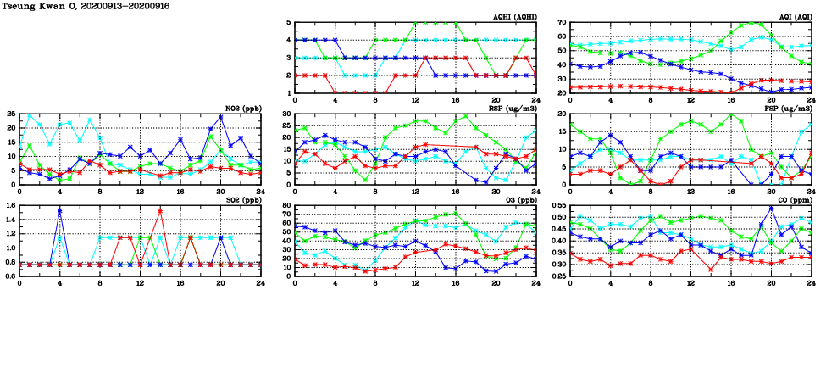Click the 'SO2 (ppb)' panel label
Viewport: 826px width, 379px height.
click(242, 201)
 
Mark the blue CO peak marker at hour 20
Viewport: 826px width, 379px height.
click(771, 208)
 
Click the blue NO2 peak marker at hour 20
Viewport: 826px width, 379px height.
click(220, 117)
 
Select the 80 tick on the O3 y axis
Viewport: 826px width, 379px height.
click(285, 206)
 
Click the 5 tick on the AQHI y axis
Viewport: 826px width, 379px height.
click(288, 23)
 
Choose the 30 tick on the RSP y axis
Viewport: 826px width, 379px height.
click(285, 114)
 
